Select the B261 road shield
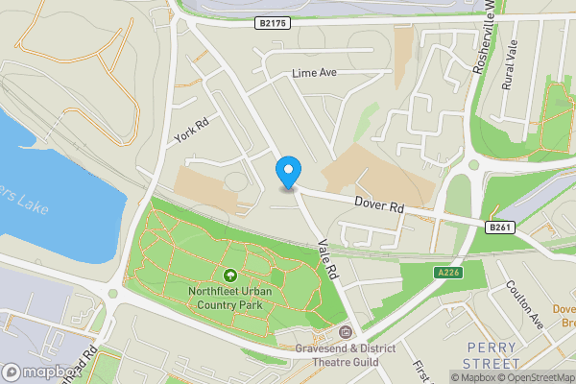coord(498,227)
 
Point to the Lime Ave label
coord(315,74)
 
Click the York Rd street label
coord(192,130)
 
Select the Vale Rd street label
coord(329,259)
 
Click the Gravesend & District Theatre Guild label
coord(345,354)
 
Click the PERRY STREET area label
coord(492,354)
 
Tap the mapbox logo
coord(42,372)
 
